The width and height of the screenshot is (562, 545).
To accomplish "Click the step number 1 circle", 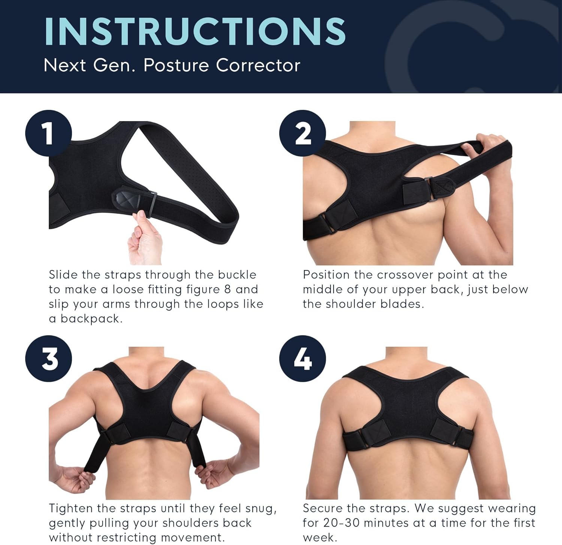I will coord(48,133).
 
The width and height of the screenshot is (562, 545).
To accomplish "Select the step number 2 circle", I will coord(302,133).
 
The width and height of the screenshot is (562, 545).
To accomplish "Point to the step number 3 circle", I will coord(48,359).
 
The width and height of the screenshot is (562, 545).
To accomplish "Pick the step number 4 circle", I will coord(302,359).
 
